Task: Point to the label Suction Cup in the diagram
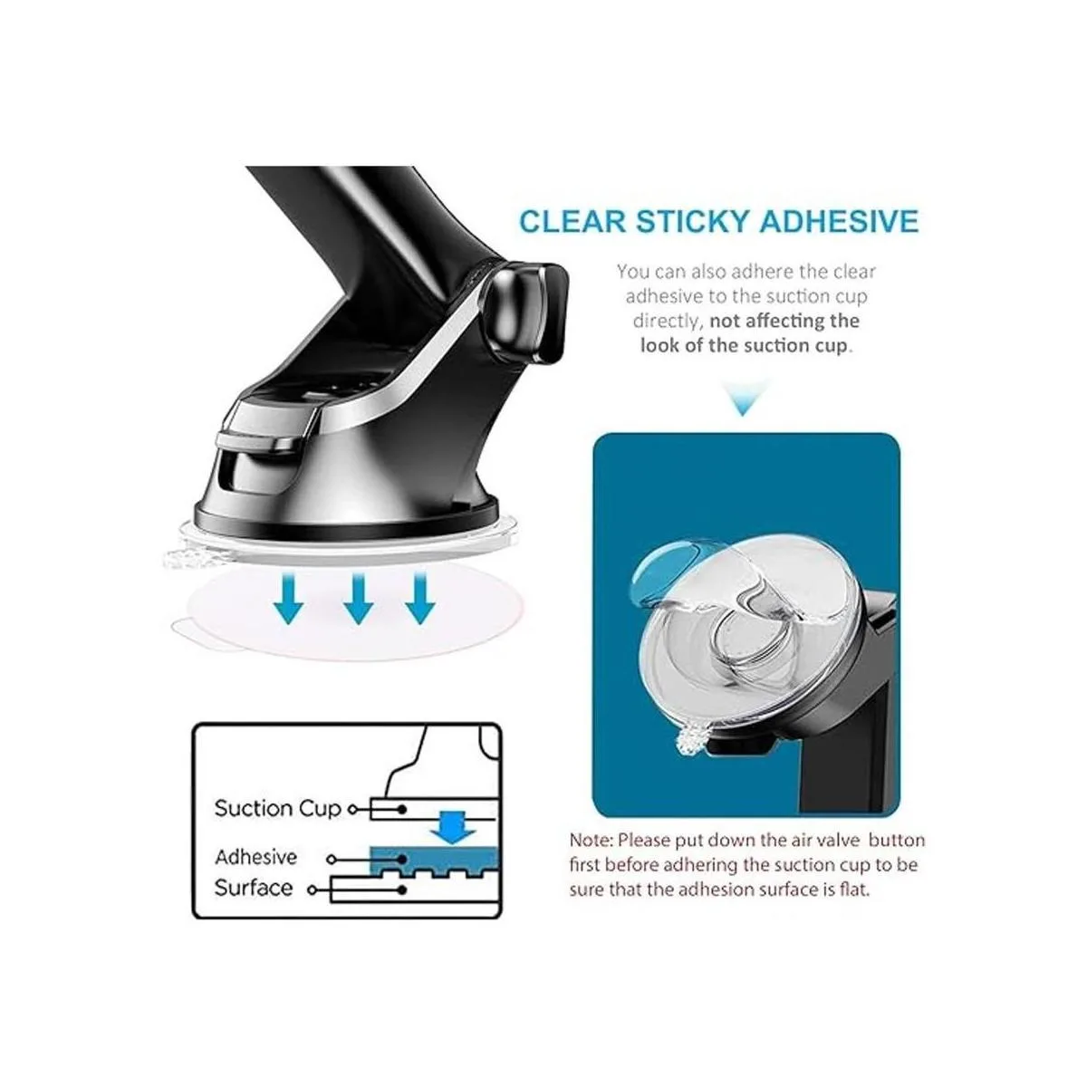[x=277, y=808]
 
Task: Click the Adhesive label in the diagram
[x=255, y=857]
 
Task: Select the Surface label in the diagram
[x=254, y=888]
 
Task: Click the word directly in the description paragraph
[x=667, y=322]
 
